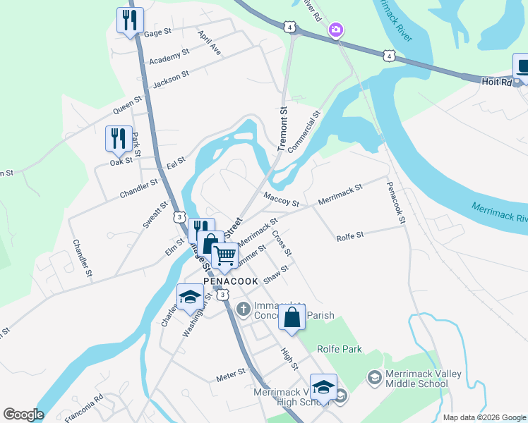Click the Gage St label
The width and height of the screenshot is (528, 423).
tap(157, 32)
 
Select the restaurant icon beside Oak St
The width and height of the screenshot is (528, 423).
tap(118, 139)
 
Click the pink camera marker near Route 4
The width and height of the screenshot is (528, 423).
tap(336, 30)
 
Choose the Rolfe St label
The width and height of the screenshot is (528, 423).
tap(349, 236)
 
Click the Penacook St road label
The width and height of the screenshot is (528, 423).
tap(396, 203)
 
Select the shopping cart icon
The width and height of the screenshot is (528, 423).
tap(225, 256)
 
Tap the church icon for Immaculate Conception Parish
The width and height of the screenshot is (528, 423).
tap(243, 308)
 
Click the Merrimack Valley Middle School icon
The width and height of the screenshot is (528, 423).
tap(373, 378)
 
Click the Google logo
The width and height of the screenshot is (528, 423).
tap(23, 415)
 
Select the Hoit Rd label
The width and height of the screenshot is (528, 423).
tap(496, 82)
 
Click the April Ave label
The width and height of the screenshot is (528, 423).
tap(210, 43)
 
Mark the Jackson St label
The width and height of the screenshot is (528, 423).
tap(171, 78)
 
